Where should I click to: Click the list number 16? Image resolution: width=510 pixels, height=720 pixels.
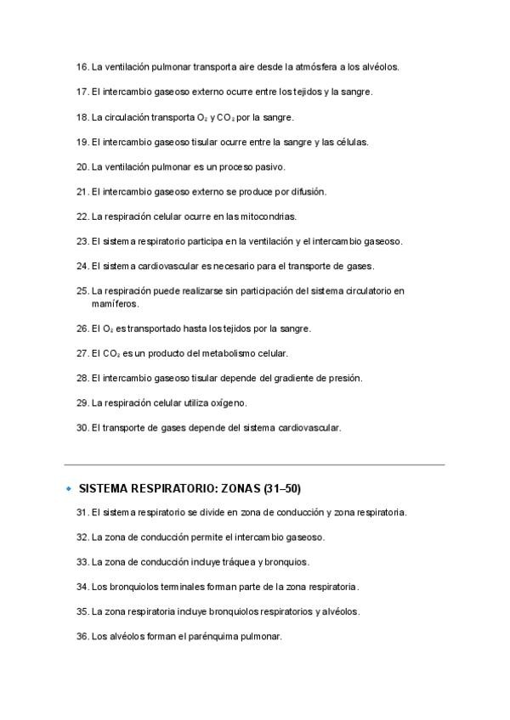pos(82,66)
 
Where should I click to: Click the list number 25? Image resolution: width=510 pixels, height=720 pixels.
pos(82,291)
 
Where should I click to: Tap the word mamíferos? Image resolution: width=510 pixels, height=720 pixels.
pos(116,303)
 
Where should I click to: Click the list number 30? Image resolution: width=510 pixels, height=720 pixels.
pos(82,428)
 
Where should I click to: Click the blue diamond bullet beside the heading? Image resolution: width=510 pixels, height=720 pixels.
pos(68,489)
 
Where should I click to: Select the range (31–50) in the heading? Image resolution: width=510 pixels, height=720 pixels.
pos(284,489)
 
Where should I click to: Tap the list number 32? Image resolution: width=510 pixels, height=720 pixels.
pos(82,537)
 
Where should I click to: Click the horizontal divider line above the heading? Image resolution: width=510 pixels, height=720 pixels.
pos(255,464)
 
